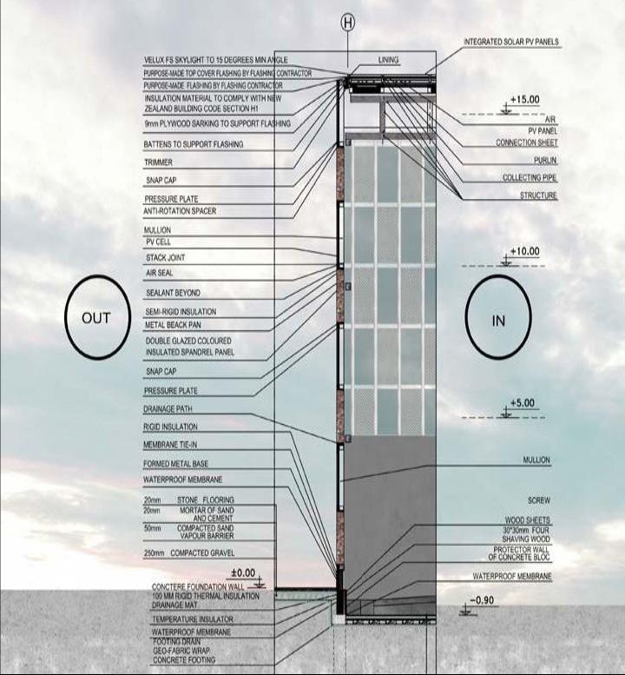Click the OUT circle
point(95,318)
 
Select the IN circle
point(498,321)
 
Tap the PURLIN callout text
point(545,161)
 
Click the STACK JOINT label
point(165,258)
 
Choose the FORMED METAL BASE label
point(176,464)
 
